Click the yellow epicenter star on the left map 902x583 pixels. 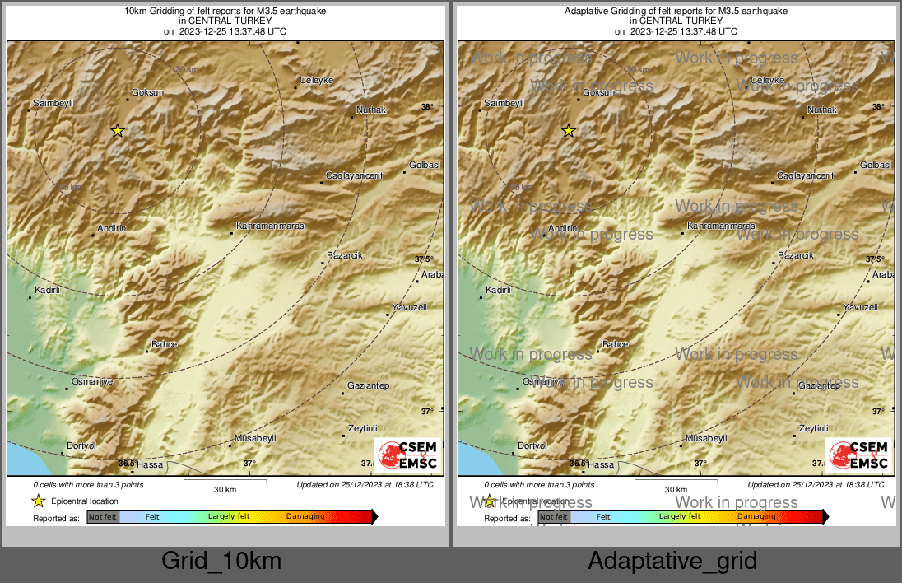pos(118,130)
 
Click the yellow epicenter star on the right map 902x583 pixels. pos(568,130)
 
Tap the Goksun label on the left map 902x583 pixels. pos(148,93)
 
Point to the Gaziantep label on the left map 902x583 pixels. pos(368,385)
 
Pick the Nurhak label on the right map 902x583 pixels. pos(821,110)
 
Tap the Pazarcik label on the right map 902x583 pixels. pos(795,255)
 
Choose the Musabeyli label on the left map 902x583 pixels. pos(255,438)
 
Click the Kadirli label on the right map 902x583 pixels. pos(498,290)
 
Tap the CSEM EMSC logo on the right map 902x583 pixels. pos(858,455)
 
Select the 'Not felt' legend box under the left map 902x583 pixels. pos(103,517)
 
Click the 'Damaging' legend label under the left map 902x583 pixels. pos(305,517)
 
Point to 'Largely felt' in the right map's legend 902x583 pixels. pos(680,517)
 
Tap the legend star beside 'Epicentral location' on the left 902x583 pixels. pos(38,501)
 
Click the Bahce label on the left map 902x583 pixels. pos(165,344)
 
